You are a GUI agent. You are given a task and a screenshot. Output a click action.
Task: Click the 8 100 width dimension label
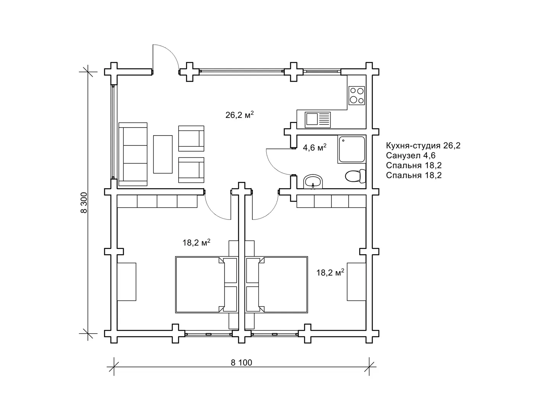(241, 362)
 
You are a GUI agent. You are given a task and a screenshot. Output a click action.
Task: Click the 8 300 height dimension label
(84, 203)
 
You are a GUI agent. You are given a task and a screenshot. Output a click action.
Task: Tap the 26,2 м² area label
(239, 115)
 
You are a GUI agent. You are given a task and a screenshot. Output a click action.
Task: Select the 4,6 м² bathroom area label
(314, 147)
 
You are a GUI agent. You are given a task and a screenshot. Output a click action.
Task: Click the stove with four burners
(357, 95)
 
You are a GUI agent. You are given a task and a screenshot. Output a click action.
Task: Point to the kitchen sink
(317, 120)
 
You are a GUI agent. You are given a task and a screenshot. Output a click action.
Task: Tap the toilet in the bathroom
(356, 176)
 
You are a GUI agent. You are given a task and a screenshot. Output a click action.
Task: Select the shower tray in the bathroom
(352, 149)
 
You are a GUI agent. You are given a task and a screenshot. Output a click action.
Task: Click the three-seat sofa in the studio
(133, 154)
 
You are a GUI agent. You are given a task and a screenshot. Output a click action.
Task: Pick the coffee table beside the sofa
(163, 154)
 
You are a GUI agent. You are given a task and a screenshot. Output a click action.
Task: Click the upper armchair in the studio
(191, 139)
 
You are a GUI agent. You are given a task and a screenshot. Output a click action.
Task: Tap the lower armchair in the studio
(191, 170)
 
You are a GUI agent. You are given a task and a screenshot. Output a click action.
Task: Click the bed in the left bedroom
(206, 284)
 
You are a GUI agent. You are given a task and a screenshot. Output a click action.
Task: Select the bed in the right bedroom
(277, 284)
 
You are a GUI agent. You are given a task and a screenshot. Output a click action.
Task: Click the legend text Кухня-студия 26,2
(423, 145)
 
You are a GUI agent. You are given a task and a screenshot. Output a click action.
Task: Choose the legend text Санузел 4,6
(410, 155)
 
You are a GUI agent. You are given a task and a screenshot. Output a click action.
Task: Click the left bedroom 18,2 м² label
(196, 242)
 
